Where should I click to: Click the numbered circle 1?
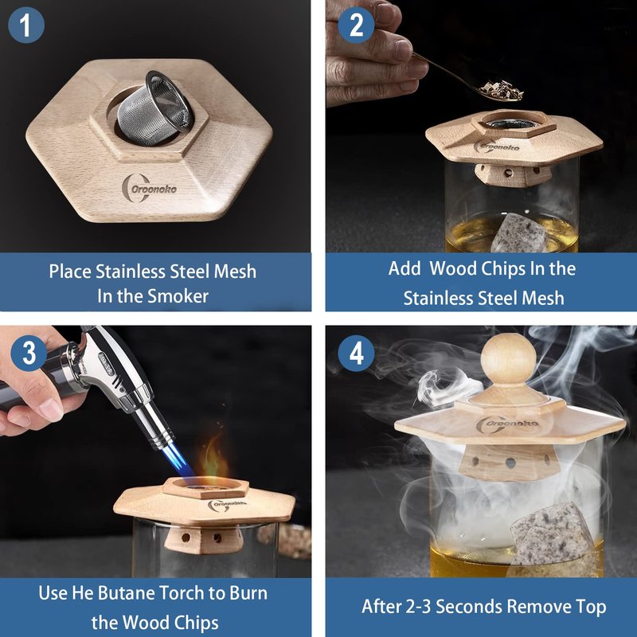(x=26, y=25)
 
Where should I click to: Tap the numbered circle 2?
(x=356, y=25)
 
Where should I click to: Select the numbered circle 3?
(x=29, y=353)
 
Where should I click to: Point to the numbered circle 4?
(x=356, y=353)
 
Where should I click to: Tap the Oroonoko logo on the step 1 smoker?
(x=149, y=188)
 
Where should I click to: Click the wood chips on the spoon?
(x=502, y=90)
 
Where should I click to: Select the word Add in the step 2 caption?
(x=404, y=268)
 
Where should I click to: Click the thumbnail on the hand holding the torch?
(x=51, y=409)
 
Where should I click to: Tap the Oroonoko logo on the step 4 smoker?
(x=507, y=424)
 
